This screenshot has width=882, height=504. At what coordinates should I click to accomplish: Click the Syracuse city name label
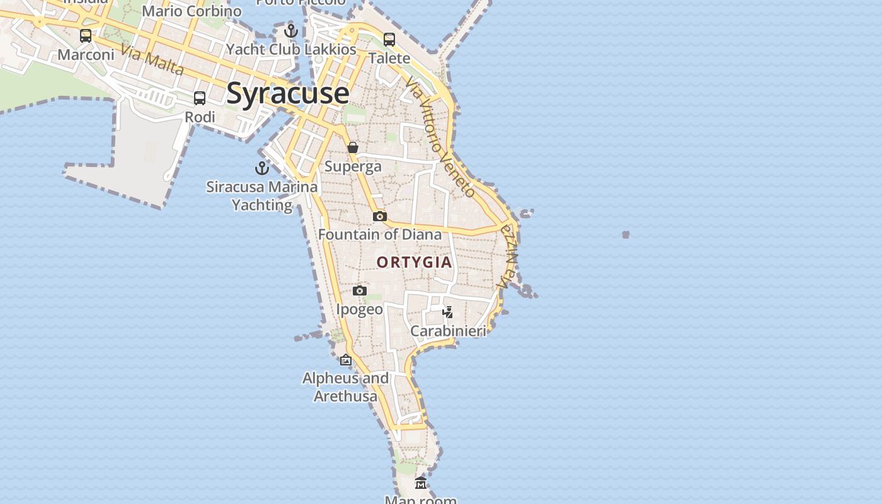tap(287, 93)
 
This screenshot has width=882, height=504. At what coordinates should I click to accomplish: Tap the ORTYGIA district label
tap(415, 262)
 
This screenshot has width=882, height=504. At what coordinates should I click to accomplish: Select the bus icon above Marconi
tap(86, 36)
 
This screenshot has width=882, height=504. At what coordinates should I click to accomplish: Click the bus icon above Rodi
tap(200, 98)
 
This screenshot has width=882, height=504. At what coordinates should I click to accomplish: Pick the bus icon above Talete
tap(389, 40)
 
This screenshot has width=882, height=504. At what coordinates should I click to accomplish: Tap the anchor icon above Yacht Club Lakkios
tap(291, 30)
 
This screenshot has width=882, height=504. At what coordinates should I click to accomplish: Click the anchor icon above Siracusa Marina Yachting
tap(262, 168)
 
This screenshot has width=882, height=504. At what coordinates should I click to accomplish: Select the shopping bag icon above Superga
tap(353, 147)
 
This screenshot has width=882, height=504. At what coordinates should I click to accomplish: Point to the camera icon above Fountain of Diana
tap(379, 216)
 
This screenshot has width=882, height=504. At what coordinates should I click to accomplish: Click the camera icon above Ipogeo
tap(360, 290)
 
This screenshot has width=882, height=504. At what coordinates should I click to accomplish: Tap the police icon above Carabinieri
tap(448, 312)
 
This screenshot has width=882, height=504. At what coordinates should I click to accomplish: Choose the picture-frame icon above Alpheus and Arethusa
tap(346, 360)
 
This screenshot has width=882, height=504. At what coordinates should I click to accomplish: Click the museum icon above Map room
tap(421, 483)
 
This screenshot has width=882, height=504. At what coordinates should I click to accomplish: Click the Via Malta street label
tap(152, 60)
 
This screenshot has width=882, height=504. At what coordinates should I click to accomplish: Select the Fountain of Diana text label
tap(380, 234)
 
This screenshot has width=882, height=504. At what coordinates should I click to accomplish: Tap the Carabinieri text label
tap(448, 331)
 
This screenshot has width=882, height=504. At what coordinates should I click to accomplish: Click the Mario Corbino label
tap(192, 11)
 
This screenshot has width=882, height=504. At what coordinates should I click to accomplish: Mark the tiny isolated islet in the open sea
tap(626, 234)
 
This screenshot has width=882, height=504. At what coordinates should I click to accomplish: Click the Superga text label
tap(353, 166)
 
